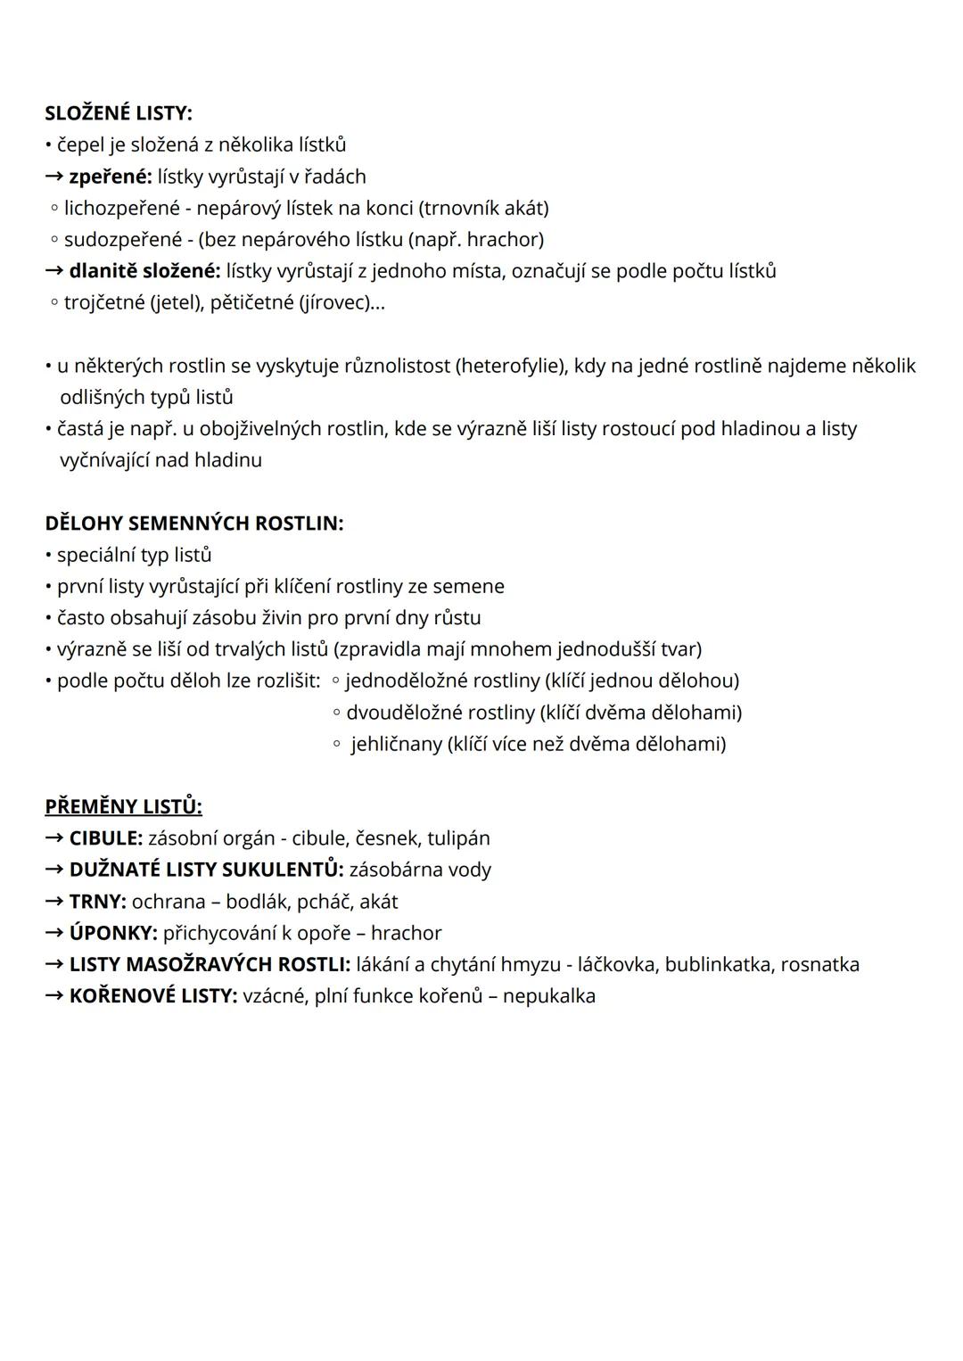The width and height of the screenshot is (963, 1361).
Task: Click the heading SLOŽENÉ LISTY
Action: (118, 113)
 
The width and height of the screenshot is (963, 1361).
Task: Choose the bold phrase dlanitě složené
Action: (144, 271)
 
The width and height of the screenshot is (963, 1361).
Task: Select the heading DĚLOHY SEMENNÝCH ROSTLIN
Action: (193, 524)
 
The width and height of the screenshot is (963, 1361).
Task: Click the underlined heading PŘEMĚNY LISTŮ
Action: (123, 807)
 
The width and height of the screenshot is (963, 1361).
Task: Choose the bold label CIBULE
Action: (105, 838)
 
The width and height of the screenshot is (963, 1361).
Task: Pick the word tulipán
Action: (458, 838)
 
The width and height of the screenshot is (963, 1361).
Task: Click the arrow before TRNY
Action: (54, 902)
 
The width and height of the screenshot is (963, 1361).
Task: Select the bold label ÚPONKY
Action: (113, 933)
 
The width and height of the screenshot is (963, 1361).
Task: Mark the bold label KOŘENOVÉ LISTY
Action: (152, 996)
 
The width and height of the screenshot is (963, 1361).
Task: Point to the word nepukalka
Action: (548, 996)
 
